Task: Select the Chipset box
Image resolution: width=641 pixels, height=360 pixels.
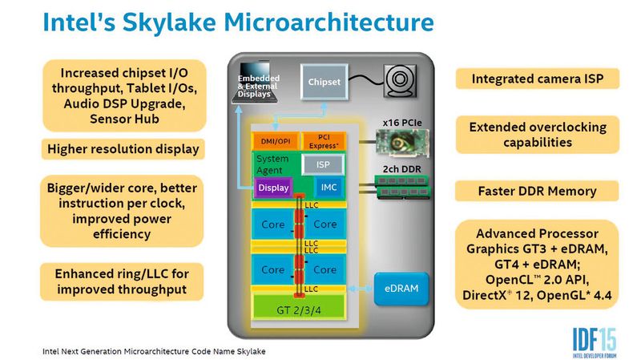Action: click(x=325, y=82)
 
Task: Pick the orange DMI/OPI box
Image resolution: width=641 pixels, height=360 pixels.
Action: click(x=273, y=141)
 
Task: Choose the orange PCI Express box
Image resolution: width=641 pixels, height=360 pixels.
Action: click(x=324, y=141)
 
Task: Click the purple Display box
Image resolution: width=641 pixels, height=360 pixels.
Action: click(x=273, y=188)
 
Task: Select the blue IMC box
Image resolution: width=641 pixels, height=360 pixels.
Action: click(x=329, y=188)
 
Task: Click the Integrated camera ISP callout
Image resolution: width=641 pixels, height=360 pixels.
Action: click(x=537, y=79)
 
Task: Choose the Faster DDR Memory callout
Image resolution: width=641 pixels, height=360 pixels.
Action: click(x=537, y=192)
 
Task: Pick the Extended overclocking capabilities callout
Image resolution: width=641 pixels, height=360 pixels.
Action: click(x=537, y=135)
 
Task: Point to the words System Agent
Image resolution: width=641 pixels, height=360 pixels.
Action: click(x=272, y=164)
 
